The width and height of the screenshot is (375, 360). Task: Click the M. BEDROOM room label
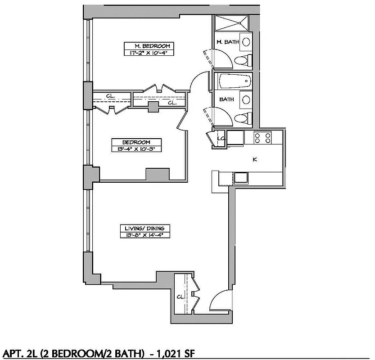coord(148,46)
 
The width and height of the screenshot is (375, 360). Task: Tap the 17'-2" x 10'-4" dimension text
coord(148,53)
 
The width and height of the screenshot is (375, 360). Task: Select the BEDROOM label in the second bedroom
coord(136,142)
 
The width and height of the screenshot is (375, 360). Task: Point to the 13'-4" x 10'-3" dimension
coord(136,148)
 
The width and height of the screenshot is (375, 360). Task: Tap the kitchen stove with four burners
coord(262,137)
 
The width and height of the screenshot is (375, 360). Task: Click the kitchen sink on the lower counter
coord(241,178)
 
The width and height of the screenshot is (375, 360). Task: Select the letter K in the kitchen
coord(255,159)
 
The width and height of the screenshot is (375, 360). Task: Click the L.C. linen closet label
coord(221,138)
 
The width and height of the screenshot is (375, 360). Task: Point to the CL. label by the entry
coord(180,297)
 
